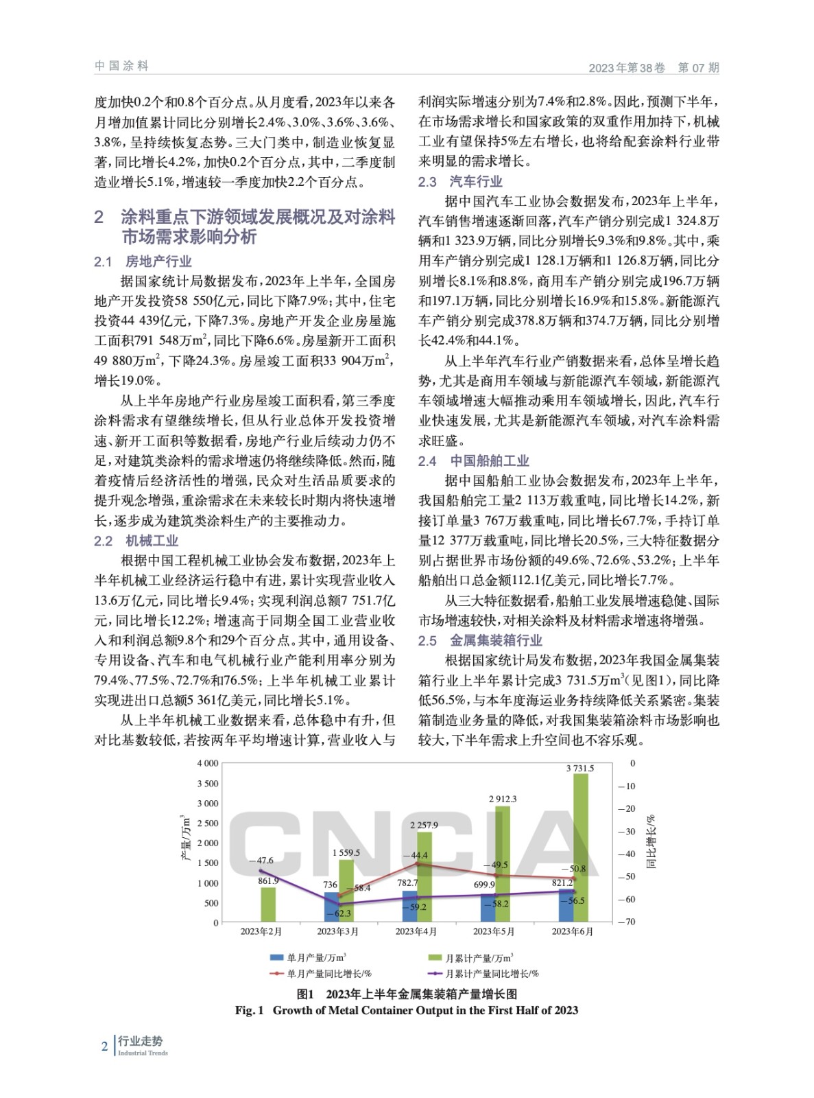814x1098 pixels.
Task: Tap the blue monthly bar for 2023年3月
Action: coord(331,908)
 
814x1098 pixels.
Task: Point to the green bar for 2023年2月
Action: coord(268,904)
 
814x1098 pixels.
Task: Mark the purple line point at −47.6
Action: coord(259,870)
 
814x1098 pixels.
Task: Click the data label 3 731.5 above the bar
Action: coord(579,769)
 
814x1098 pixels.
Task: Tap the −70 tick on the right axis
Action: coord(626,922)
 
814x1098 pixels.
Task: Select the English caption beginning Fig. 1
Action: coord(406,1010)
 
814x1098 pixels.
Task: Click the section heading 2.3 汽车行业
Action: coord(460,182)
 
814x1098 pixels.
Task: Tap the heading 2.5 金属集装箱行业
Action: coord(480,640)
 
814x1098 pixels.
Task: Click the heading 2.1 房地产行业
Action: coord(143,261)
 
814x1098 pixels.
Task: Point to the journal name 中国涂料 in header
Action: coord(121,66)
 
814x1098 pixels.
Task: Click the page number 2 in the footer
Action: coord(104,1047)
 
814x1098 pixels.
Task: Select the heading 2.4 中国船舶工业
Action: coord(473,461)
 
